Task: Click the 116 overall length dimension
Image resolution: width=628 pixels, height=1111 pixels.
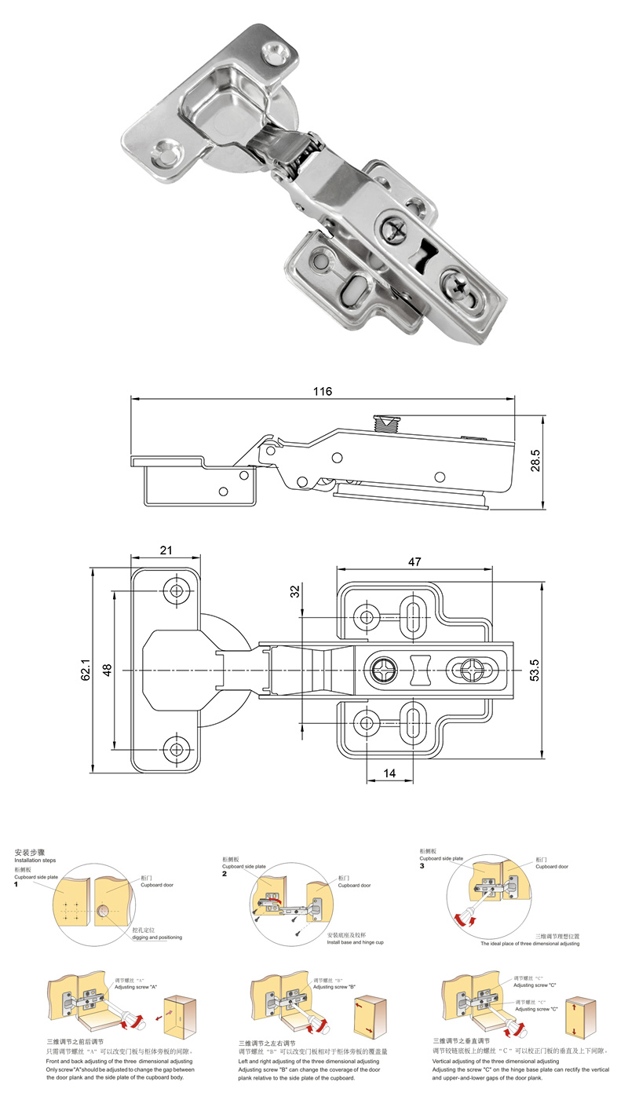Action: pyautogui.click(x=323, y=391)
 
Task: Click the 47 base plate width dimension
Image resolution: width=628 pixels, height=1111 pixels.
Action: pyautogui.click(x=414, y=561)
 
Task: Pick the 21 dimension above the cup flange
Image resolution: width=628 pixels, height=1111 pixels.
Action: pyautogui.click(x=166, y=550)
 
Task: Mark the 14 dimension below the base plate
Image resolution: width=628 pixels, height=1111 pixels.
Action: pyautogui.click(x=389, y=773)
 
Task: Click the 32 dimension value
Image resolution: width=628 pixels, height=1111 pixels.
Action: pyautogui.click(x=295, y=591)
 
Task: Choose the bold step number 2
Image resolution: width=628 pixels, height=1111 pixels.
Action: pyautogui.click(x=224, y=873)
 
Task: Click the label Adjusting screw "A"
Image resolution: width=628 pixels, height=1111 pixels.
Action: pyautogui.click(x=137, y=986)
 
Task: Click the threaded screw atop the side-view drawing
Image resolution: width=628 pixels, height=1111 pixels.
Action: pyautogui.click(x=387, y=425)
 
